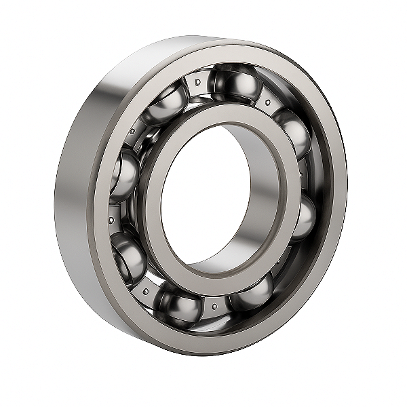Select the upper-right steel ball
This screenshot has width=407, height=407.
(x=294, y=132)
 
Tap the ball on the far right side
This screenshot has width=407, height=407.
(x=303, y=217)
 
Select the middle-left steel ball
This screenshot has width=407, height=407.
(x=123, y=178)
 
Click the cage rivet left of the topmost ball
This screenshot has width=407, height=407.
(x=197, y=83)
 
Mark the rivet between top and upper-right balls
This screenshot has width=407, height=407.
(x=268, y=102)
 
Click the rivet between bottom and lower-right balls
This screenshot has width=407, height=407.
(x=214, y=307)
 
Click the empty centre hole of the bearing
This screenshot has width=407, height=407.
(x=203, y=197)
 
